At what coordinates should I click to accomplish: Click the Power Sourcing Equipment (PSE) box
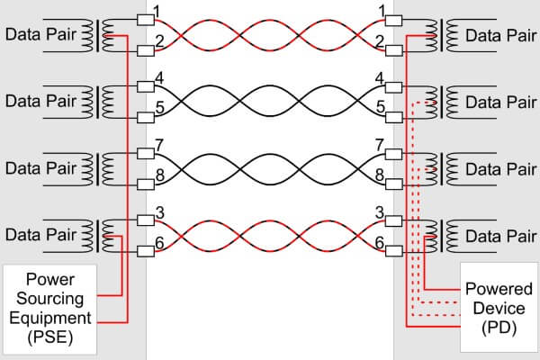point(49,310)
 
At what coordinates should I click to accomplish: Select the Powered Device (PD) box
point(499,307)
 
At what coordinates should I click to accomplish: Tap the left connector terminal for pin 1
point(146,20)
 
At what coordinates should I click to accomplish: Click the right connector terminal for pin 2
point(393,50)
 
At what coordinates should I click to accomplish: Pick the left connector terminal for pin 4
point(146,86)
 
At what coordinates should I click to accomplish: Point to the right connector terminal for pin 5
point(393,118)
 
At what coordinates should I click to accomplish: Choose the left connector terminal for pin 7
point(146,154)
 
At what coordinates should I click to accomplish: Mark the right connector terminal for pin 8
point(393,184)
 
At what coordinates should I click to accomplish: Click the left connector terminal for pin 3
point(146,220)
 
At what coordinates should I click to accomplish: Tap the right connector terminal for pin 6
point(393,251)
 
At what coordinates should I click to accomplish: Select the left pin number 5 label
point(160,108)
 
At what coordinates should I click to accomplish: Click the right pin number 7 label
point(380,145)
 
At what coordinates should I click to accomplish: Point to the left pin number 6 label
point(159,243)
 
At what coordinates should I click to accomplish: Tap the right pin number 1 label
point(382,12)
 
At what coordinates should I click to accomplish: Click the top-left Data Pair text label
point(40,34)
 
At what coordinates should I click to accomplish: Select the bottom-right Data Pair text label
point(500,237)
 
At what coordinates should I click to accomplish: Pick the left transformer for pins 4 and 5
point(98,102)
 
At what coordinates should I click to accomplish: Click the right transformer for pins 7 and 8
point(442,169)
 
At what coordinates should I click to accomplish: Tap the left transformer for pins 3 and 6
point(98,236)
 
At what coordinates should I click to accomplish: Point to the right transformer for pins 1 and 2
point(442,35)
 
